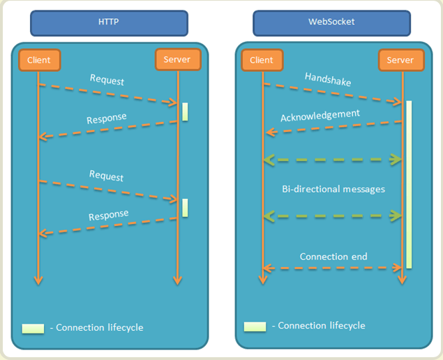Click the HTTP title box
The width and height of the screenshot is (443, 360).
point(109,22)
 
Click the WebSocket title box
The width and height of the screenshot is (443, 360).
point(331,22)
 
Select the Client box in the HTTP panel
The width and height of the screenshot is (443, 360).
point(39,60)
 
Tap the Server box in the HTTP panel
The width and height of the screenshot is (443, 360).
point(177,60)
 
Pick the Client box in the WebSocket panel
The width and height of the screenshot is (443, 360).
point(262,60)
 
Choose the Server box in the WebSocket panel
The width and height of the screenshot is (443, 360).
point(400,60)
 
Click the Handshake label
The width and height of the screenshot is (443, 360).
point(328,81)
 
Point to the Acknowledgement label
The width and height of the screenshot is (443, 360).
point(320,114)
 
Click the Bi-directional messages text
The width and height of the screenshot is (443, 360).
point(333,188)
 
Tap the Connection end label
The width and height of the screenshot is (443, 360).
point(333,256)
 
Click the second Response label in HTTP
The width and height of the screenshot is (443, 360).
point(108,216)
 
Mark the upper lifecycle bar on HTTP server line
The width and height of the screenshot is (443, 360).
point(185,112)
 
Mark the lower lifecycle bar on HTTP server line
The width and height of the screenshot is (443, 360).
point(185,207)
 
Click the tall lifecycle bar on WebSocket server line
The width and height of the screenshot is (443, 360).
point(409,184)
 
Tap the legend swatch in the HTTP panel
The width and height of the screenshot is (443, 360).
point(33,328)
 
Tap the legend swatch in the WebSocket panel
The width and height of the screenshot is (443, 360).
point(255,327)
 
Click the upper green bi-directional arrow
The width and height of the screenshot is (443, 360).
point(333,160)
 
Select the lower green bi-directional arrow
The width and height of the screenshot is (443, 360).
point(333,217)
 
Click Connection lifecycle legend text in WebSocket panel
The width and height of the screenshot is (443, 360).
point(318,326)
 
